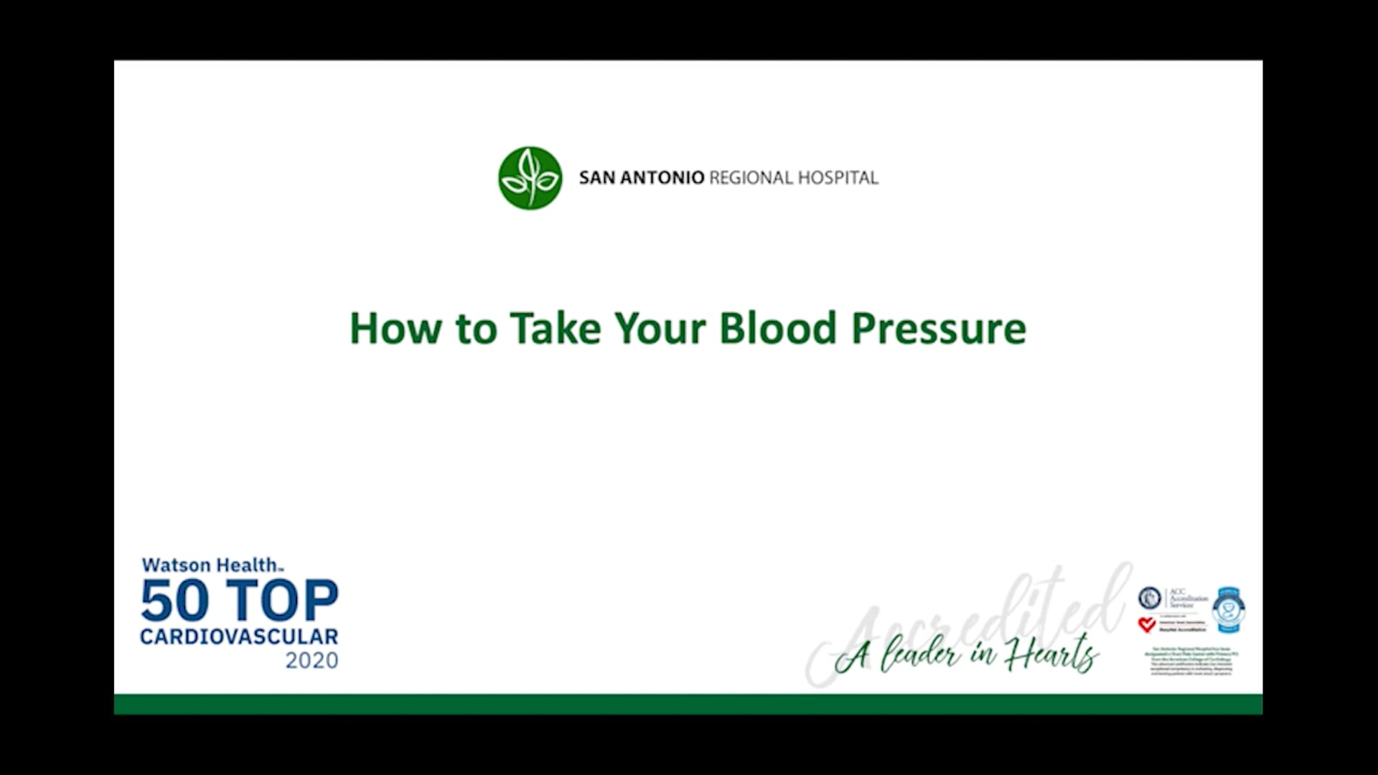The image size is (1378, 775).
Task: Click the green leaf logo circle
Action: click(530, 178)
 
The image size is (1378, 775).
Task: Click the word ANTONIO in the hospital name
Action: click(662, 178)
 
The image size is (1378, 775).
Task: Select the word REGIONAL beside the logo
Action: click(751, 178)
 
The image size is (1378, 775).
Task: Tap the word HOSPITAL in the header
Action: click(838, 178)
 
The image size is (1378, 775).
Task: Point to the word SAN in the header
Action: click(596, 178)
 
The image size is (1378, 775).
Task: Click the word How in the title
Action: click(395, 329)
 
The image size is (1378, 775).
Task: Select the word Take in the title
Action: click(555, 329)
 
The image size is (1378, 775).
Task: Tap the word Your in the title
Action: click(660, 329)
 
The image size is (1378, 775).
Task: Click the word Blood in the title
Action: click(777, 329)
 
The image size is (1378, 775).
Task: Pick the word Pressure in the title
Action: click(939, 329)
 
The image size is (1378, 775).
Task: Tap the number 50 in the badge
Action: click(174, 601)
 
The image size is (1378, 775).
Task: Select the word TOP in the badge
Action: click(282, 601)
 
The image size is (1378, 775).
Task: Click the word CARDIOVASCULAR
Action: click(239, 637)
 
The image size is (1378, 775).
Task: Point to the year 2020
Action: click(311, 660)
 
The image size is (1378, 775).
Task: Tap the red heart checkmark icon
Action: click(1147, 625)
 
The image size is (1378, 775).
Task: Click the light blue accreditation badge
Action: click(1229, 610)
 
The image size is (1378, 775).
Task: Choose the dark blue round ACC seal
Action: click(1150, 598)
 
